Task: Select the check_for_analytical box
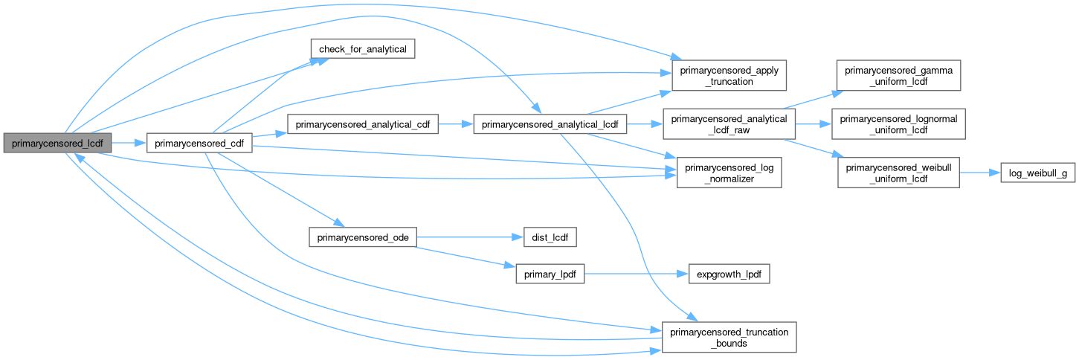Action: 362,50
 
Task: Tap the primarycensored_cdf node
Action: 199,141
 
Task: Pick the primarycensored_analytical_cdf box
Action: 363,124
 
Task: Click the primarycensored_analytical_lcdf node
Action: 550,124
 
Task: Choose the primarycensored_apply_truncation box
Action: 729,76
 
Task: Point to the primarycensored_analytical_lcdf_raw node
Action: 729,124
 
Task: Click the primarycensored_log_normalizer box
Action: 729,173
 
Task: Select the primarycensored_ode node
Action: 362,238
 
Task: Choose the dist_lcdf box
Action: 546,238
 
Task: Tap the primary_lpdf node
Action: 550,274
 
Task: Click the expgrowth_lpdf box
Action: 729,274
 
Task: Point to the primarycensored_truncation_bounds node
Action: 729,337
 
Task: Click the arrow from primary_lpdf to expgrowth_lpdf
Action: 631,274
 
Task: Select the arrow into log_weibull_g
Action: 980,173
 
